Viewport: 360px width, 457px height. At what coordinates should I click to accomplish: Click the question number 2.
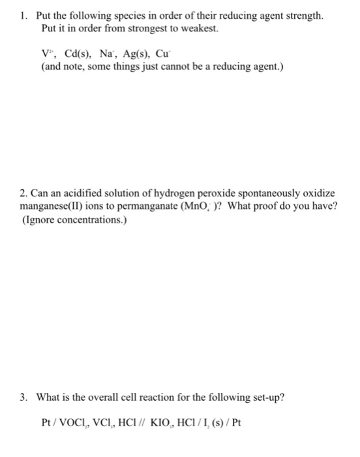pos(23,194)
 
